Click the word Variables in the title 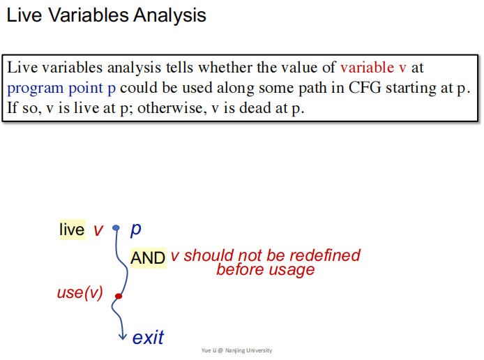(89, 15)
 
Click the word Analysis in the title (169, 15)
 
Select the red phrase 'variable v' (373, 67)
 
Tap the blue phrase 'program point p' (61, 89)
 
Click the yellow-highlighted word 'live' (73, 230)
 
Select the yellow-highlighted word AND (148, 258)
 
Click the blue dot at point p (116, 228)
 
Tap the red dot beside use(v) (119, 296)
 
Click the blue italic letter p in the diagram (136, 230)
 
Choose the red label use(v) (80, 293)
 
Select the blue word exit (148, 337)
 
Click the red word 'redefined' (325, 255)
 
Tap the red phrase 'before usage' (266, 269)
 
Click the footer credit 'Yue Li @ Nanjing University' (236, 350)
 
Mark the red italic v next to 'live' (98, 230)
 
